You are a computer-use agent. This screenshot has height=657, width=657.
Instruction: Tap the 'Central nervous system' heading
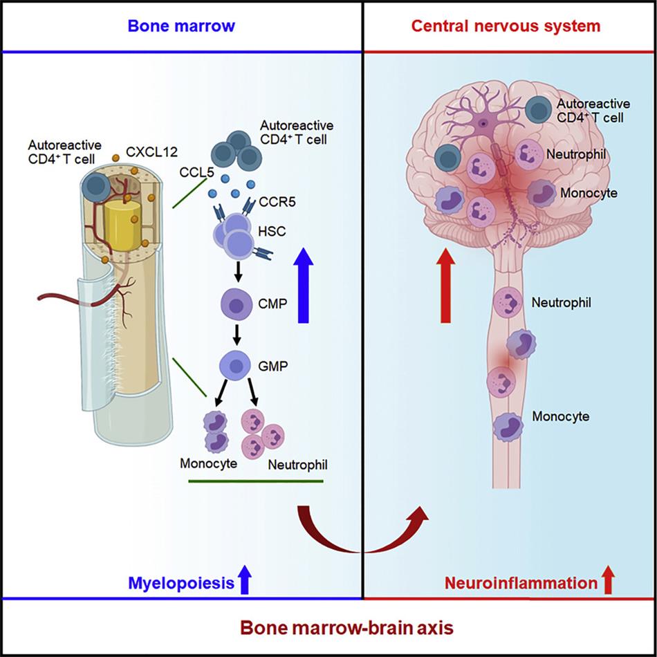[506, 26]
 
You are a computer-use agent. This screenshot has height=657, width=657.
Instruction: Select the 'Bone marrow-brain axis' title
[328, 628]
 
